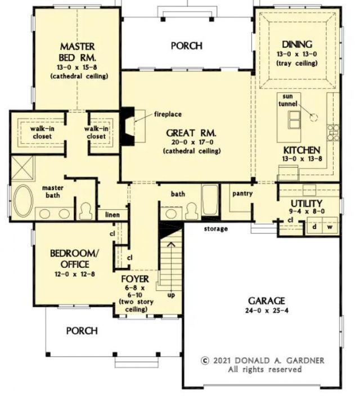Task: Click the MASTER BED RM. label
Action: click(x=78, y=51)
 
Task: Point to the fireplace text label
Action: click(x=168, y=114)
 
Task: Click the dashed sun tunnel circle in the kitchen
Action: click(x=313, y=116)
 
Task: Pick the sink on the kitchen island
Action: click(x=294, y=118)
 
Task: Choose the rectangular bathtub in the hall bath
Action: click(x=209, y=200)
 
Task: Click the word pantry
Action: click(x=242, y=193)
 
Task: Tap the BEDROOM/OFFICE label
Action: click(x=72, y=258)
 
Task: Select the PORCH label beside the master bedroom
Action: click(x=187, y=46)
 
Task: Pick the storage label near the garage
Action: click(x=217, y=229)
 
